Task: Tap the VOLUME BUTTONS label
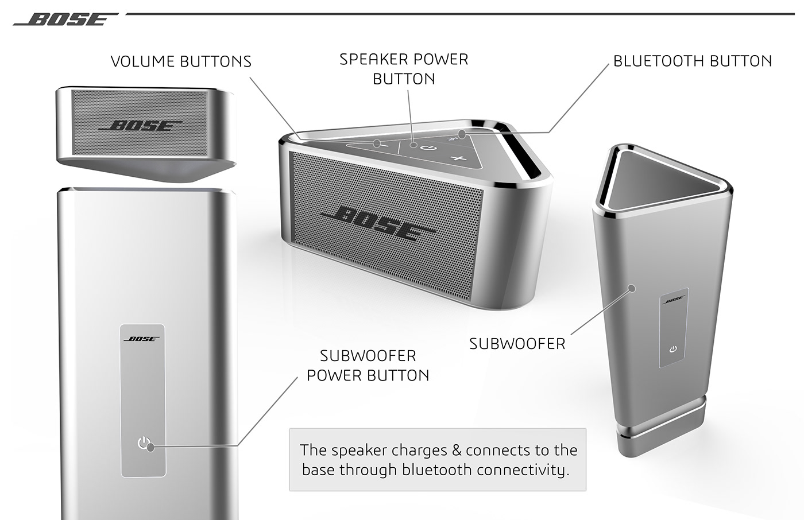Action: [x=181, y=61]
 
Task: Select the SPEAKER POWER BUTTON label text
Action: [x=404, y=69]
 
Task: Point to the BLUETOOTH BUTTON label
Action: [x=692, y=61]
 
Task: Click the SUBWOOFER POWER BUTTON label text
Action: [x=368, y=366]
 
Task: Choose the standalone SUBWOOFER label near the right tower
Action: [x=517, y=344]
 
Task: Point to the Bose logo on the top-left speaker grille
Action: [x=140, y=126]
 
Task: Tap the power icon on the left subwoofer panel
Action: [x=144, y=443]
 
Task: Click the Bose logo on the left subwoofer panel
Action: [x=142, y=339]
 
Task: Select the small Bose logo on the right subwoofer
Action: [x=674, y=299]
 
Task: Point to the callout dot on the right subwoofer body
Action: [x=632, y=288]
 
